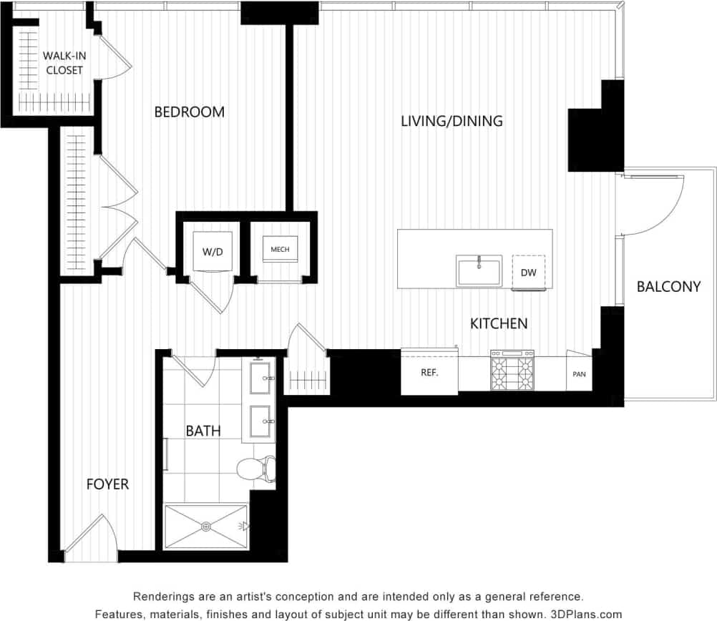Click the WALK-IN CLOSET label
coord(63,63)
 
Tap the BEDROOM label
coord(189,112)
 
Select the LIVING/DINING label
coord(452,121)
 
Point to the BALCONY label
coord(668,287)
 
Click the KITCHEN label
coord(499,323)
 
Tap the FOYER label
coord(107,484)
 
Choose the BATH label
coord(203,431)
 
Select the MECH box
coord(280,250)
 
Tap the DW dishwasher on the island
coord(528,273)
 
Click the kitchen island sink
coord(479,271)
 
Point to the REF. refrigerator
coord(429,372)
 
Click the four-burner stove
coord(512,372)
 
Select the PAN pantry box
coord(579,373)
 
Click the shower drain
coord(206,527)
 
